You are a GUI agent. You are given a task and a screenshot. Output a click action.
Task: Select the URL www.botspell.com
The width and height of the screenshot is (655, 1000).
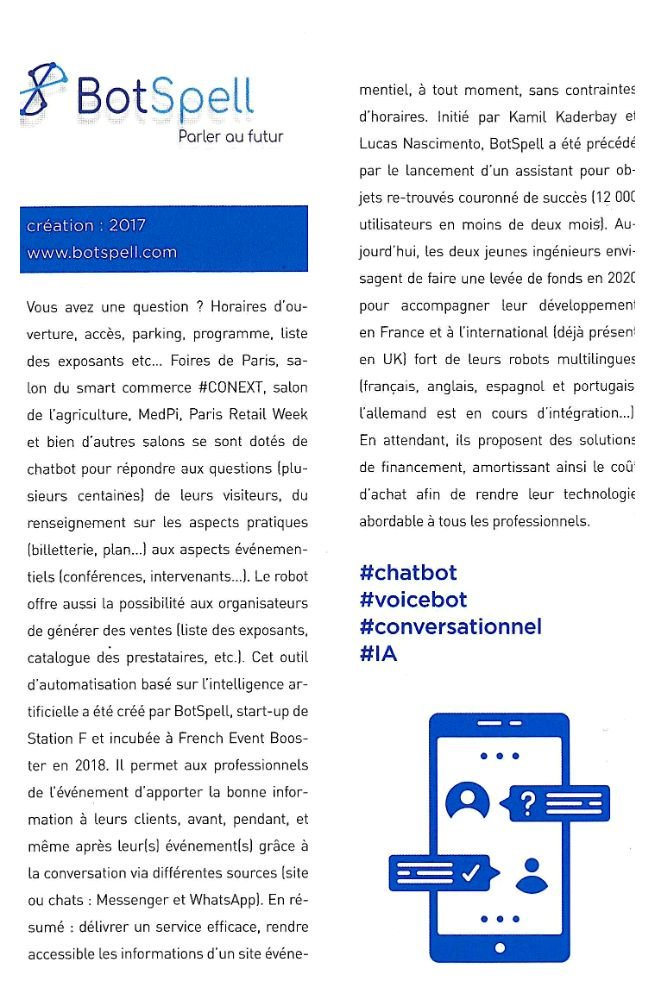click(102, 253)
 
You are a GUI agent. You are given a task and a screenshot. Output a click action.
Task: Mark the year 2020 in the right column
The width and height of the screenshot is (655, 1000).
click(620, 275)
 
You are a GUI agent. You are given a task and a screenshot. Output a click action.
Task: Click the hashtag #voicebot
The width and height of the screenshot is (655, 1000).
click(413, 600)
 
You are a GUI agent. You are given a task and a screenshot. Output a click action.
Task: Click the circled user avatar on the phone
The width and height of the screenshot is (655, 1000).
click(467, 801)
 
